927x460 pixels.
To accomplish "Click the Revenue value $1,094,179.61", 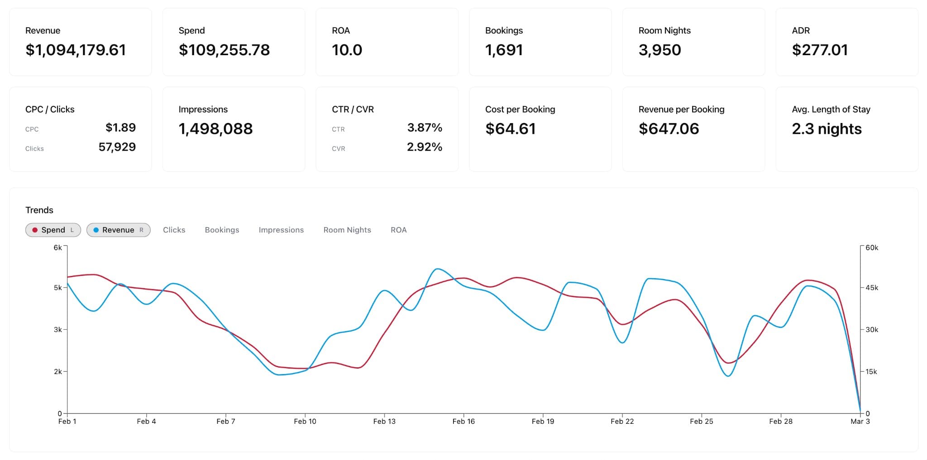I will point(76,50).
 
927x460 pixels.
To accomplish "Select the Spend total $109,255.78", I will point(224,50).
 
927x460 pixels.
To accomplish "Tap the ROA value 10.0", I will point(347,50).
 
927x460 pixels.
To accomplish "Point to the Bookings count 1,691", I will point(504,50).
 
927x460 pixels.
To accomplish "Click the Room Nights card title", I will point(664,30).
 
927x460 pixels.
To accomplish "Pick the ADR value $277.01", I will point(819,50).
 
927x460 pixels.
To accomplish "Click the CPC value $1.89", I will point(120,128).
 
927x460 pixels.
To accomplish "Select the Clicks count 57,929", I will point(117,147).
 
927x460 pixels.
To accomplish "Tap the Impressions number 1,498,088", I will point(215,129).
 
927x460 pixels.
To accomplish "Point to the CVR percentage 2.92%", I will point(424,147).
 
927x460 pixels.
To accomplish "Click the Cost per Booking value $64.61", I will point(510,129).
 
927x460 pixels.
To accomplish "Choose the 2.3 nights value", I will point(827,129).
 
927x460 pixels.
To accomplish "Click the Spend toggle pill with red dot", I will point(53,230).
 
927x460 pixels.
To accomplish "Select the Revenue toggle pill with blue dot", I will point(118,230).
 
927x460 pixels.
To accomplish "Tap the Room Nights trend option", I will point(347,230).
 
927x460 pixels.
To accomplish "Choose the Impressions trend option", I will point(281,230).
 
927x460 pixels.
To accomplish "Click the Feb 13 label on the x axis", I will point(384,421).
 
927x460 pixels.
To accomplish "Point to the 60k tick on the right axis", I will point(871,247).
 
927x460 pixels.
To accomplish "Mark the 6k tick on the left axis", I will point(57,247).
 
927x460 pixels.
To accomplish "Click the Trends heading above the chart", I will point(39,210).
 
